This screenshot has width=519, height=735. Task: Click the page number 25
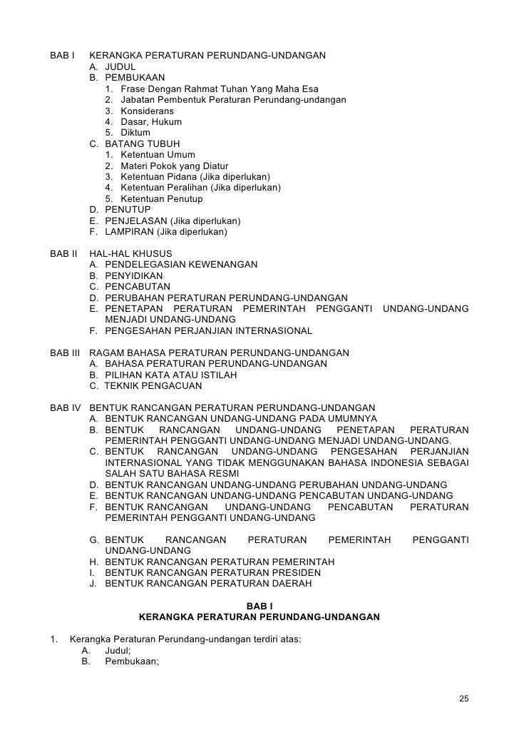pos(463,698)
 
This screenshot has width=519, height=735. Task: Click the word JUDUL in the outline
pos(120,66)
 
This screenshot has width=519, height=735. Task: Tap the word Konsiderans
pos(147,111)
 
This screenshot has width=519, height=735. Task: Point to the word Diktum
pos(135,133)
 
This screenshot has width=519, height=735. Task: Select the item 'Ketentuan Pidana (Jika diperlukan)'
pos(195,176)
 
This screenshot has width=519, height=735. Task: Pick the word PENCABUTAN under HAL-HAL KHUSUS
pos(137,287)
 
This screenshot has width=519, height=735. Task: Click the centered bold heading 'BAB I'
pos(259,605)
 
